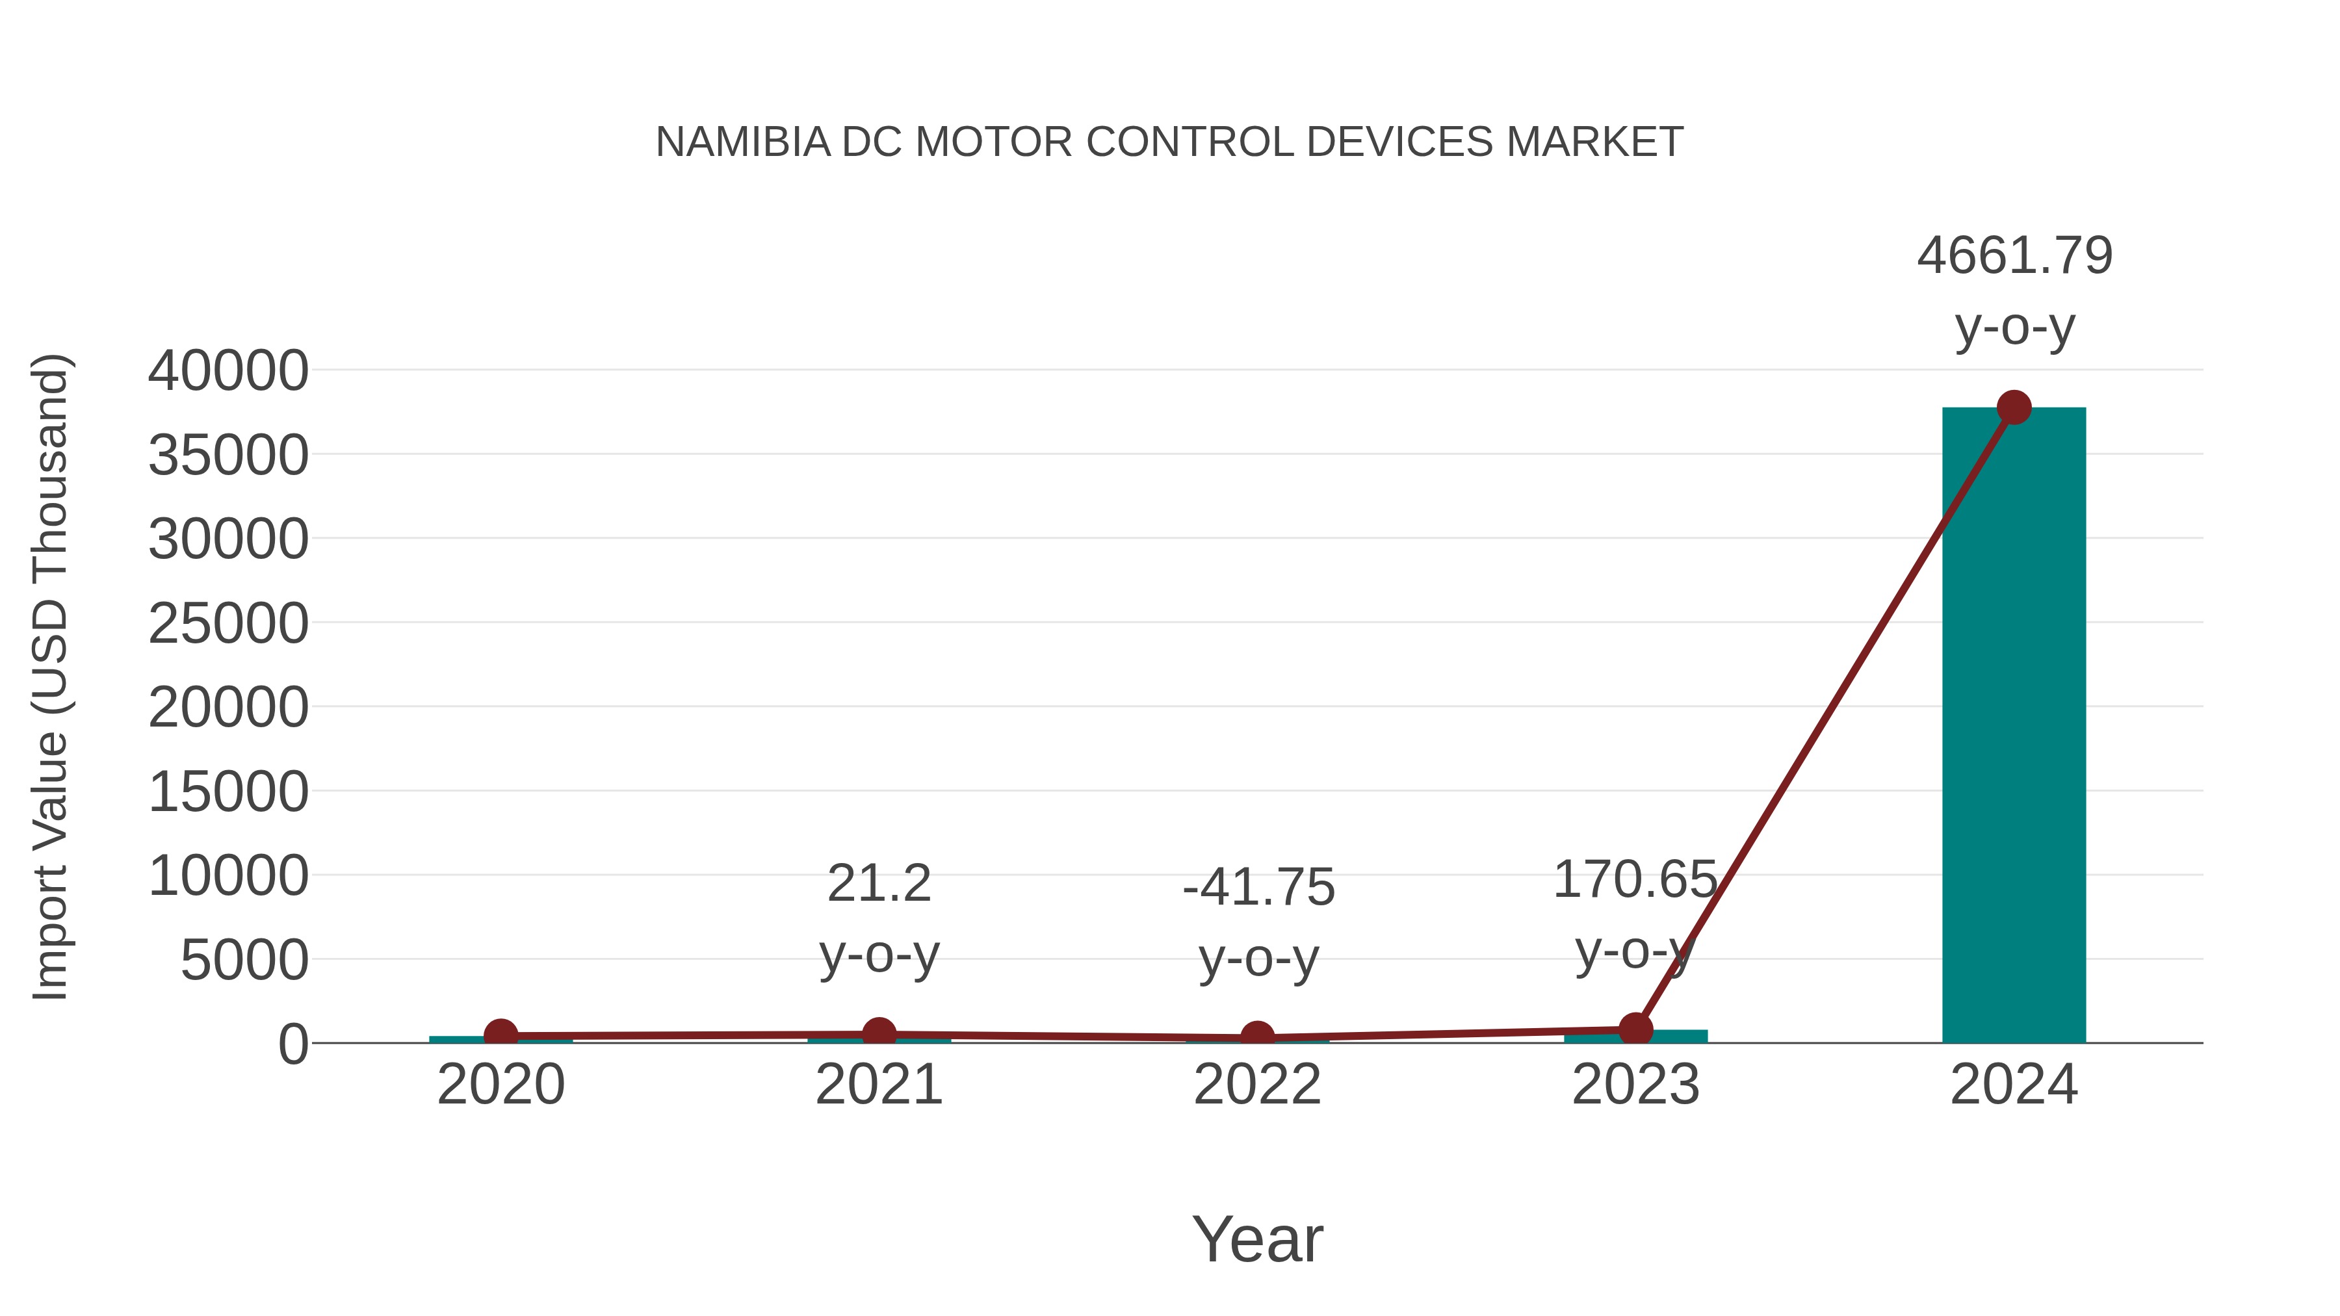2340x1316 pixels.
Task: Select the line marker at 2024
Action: pos(2014,407)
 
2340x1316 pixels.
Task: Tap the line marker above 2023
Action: pos(1635,1030)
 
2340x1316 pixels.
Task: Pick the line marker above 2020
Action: pos(500,1035)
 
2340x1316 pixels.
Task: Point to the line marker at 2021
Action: pos(878,1033)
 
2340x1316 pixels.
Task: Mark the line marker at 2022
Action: pos(1257,1037)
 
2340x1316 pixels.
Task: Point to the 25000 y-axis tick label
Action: pos(228,624)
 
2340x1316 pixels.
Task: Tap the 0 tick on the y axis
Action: pos(293,1044)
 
